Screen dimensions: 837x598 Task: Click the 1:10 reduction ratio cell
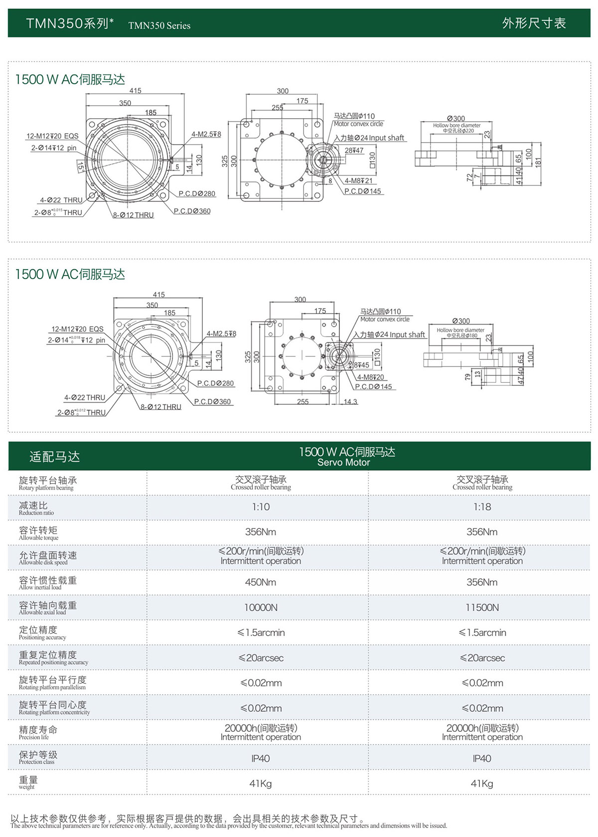(261, 507)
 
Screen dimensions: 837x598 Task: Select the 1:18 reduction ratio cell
(482, 507)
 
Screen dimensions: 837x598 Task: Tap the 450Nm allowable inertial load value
(261, 582)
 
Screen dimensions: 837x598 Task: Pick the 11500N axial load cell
(482, 608)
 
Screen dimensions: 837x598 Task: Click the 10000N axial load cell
(261, 608)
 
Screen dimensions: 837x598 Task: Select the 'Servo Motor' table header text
(344, 463)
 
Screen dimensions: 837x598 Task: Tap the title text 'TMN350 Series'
(159, 26)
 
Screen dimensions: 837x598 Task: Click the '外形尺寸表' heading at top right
(534, 23)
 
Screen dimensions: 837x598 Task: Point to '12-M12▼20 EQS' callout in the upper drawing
(52, 136)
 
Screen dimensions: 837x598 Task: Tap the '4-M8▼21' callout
(358, 181)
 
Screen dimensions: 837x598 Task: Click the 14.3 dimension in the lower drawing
(350, 402)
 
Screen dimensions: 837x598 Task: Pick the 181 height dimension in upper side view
(538, 162)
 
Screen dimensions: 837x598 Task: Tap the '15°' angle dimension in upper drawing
(80, 166)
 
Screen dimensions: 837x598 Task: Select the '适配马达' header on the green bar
(54, 457)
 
